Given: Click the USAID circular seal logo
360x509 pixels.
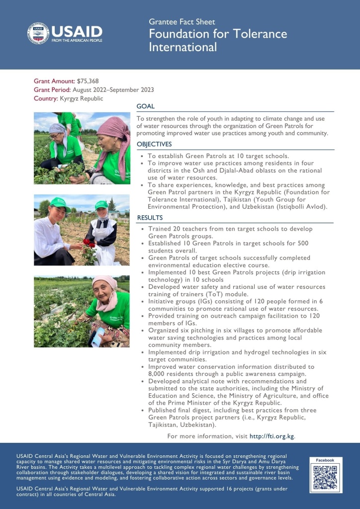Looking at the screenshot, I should [x=38, y=33].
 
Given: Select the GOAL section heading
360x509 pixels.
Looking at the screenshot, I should [x=145, y=106].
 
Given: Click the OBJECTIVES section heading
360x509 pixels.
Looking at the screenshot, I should [x=154, y=144].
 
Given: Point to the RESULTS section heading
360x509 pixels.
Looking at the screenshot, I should [x=150, y=218].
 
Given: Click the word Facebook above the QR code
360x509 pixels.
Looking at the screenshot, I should [x=326, y=460].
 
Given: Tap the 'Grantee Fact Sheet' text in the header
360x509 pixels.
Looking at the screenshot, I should [x=182, y=22].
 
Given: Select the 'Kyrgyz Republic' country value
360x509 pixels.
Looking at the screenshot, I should [x=82, y=98].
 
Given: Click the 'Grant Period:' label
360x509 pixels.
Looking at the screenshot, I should [x=52, y=89].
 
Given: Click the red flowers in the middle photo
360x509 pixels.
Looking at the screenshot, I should [x=90, y=242].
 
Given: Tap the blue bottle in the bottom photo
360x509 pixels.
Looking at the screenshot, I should [x=97, y=337].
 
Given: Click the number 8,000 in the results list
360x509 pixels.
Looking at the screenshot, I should [x=159, y=373].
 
